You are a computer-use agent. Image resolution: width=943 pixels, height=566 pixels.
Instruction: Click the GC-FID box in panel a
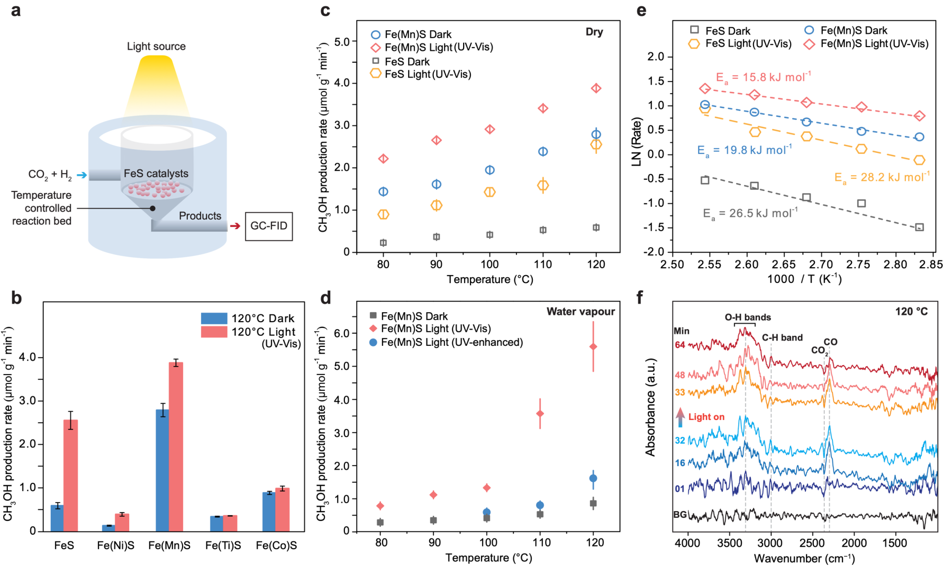coord(268,226)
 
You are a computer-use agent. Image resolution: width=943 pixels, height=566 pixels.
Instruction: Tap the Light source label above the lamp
coord(156,47)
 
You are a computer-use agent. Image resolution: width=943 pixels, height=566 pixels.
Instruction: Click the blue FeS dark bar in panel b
coord(57,517)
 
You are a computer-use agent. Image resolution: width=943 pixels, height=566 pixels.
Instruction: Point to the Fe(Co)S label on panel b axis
coord(276,546)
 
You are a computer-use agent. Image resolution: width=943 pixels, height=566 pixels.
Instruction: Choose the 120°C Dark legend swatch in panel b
coord(214,318)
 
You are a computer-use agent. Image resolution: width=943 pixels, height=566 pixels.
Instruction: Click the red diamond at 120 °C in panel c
coord(596,88)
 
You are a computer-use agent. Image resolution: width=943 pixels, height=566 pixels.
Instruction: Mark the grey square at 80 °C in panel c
coord(383,243)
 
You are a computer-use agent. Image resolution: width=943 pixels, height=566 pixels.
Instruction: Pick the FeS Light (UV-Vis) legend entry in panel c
coord(421,74)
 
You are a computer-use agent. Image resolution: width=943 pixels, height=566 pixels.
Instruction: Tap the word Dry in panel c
coord(594,32)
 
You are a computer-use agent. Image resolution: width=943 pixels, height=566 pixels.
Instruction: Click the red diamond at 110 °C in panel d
coord(540,414)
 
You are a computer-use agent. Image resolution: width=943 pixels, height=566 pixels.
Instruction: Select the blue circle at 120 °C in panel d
coord(593,478)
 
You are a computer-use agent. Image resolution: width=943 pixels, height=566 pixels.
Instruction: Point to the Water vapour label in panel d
coord(580,312)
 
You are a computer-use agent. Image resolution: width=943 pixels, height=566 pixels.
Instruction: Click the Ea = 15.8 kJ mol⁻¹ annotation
coord(763,77)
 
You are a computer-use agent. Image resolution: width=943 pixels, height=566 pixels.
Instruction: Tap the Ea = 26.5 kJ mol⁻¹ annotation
coord(750,213)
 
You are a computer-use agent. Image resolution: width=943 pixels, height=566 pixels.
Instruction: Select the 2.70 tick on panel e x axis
coord(821,264)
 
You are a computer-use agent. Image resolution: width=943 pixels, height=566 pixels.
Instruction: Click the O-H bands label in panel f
coord(747,318)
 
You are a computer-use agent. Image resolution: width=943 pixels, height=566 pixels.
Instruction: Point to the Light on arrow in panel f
coord(680,417)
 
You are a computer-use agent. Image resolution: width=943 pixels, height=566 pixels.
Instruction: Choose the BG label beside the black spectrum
coord(680,515)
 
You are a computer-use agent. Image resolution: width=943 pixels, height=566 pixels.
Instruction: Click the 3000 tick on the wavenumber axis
coord(771,543)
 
